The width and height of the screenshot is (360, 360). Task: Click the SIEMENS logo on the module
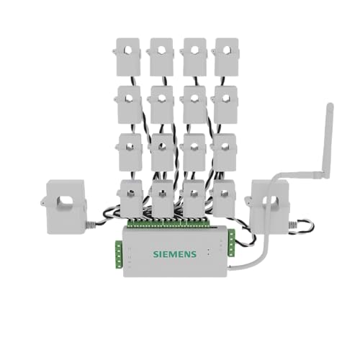[175, 254]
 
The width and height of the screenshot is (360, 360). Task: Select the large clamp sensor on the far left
[65, 207]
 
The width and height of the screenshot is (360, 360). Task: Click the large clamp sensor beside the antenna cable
[269, 207]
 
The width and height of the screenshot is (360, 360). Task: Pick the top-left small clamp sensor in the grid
[127, 57]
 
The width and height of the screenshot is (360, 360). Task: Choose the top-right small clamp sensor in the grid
[225, 57]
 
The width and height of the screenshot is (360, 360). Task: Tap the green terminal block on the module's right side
[231, 243]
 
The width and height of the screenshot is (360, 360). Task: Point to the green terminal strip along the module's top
[168, 223]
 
